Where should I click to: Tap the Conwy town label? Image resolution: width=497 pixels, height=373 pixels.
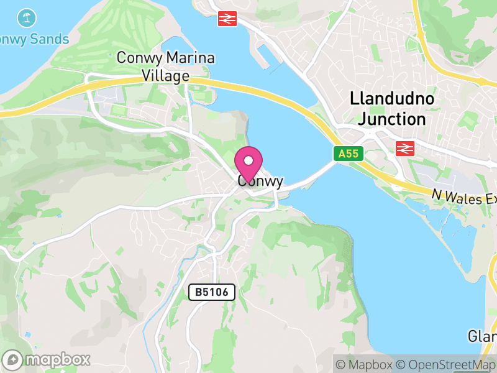[260, 182]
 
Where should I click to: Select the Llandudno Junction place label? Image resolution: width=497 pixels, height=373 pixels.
[391, 109]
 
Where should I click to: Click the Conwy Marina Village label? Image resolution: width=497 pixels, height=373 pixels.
[166, 67]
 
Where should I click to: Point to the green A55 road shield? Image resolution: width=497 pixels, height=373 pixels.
[349, 154]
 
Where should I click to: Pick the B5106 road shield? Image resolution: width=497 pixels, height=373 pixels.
[212, 292]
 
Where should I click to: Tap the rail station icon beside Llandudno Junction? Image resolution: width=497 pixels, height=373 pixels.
[405, 148]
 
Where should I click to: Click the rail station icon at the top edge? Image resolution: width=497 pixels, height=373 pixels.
[227, 19]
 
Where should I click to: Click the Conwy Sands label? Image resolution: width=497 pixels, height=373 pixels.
[35, 39]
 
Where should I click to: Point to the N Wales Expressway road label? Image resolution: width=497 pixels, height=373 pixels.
[465, 197]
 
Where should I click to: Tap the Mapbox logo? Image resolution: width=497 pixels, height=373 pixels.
[47, 359]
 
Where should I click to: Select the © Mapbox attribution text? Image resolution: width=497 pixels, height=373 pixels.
[365, 365]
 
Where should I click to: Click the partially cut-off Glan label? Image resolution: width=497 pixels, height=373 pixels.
[482, 336]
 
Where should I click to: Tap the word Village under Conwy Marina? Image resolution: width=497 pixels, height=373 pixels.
[165, 76]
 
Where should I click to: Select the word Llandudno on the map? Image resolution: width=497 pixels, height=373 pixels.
[392, 99]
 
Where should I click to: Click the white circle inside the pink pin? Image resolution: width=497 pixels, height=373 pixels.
[248, 160]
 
